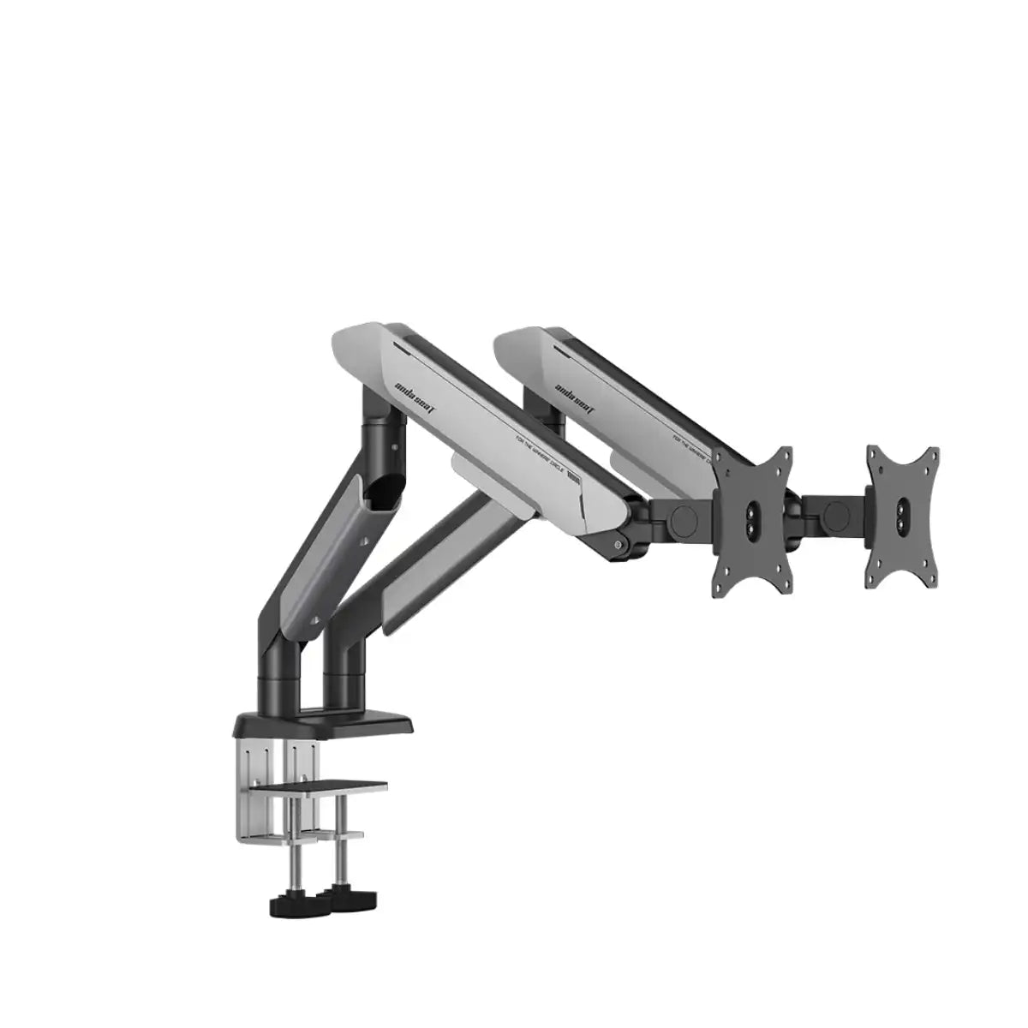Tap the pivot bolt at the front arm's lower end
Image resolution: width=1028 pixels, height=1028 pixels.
[618, 542]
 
